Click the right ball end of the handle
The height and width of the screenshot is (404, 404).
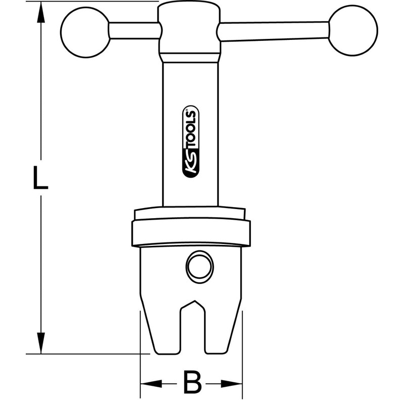(353, 30)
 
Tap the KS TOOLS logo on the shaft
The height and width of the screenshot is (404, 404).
(191, 143)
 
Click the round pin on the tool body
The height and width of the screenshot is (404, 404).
(199, 266)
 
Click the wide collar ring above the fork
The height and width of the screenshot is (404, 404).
(191, 233)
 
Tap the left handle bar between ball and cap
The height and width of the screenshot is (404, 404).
(134, 31)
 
